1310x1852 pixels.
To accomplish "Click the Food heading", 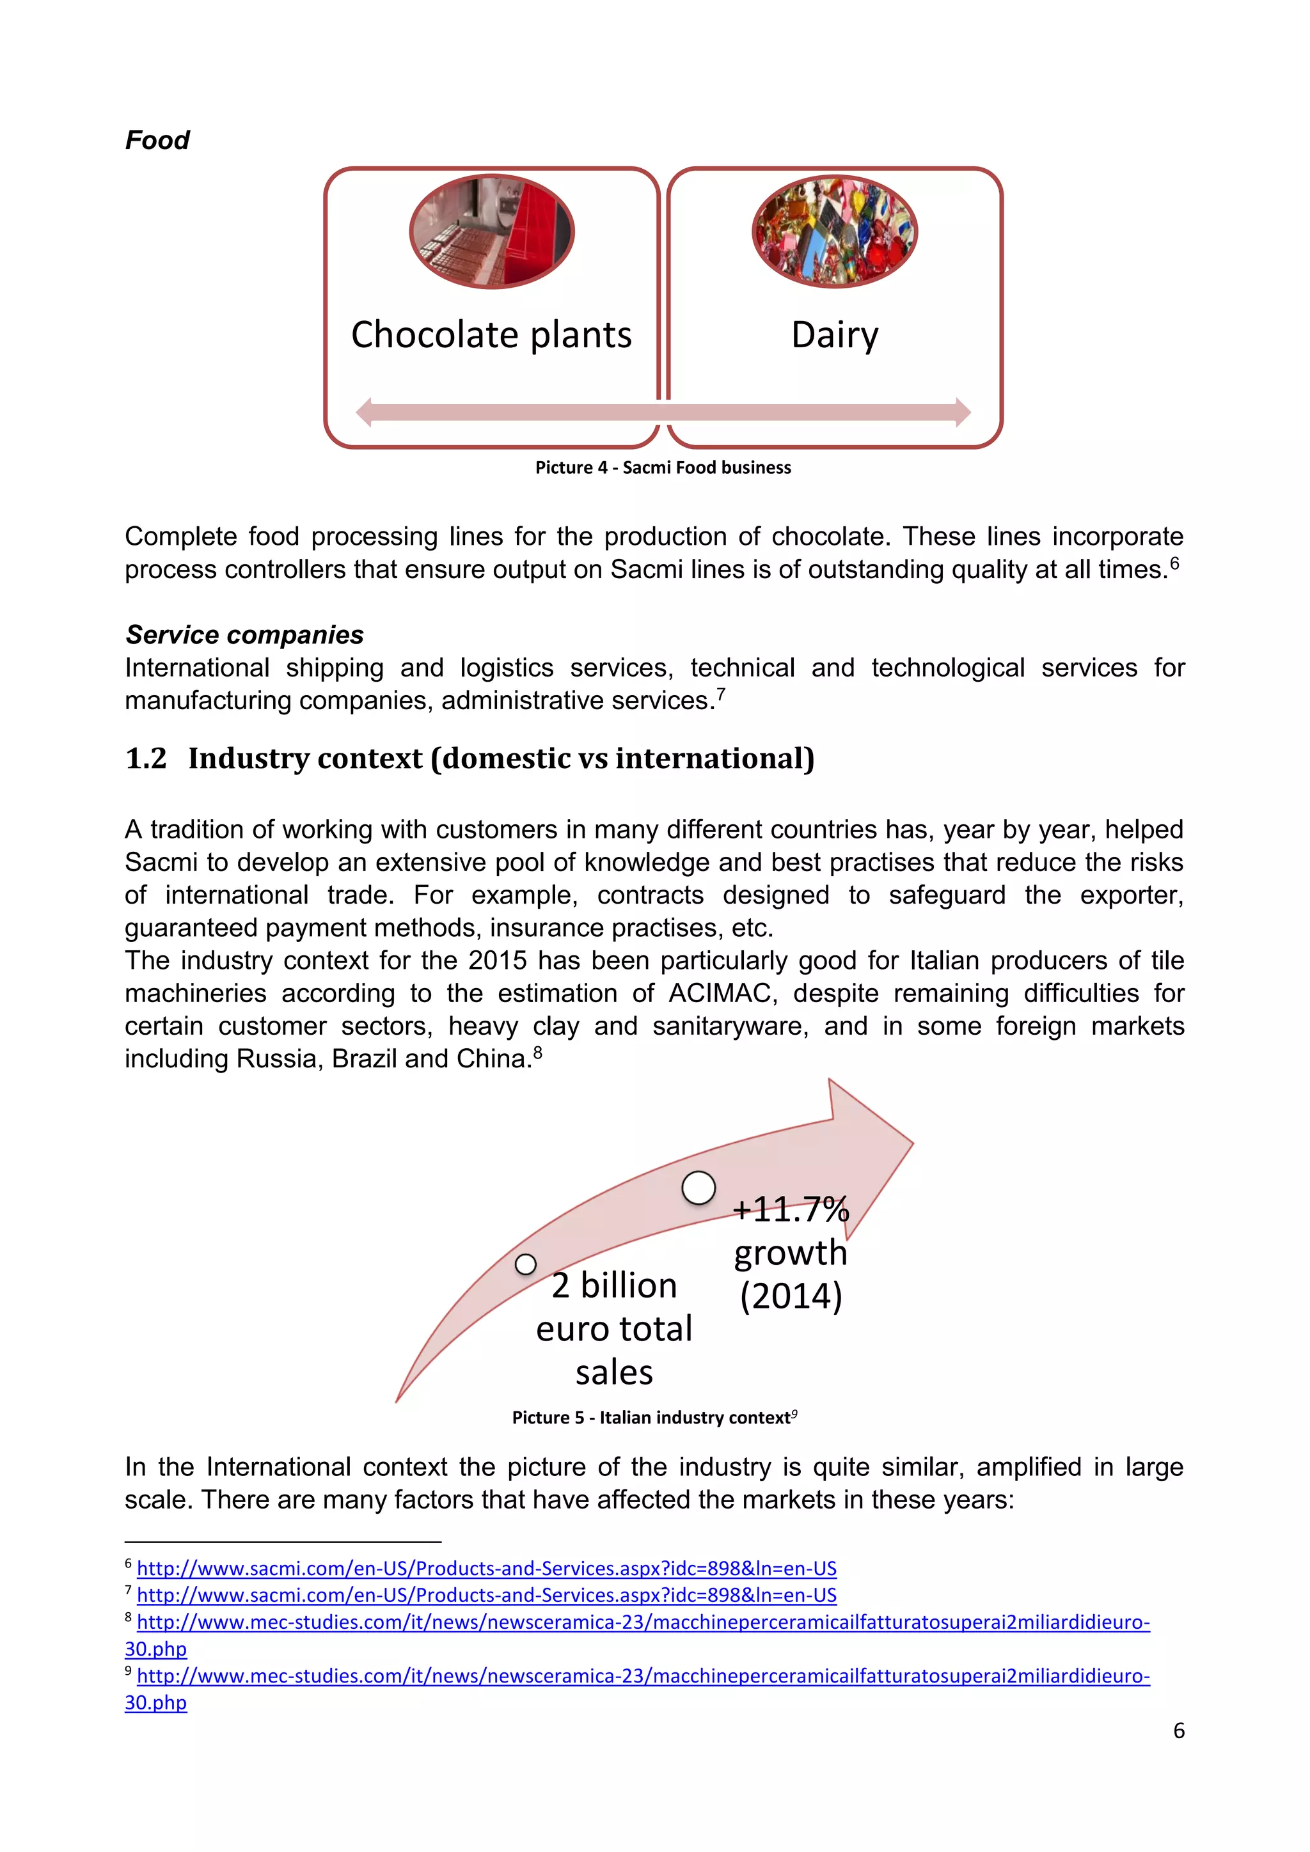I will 157,140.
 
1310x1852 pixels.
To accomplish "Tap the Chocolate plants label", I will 491,334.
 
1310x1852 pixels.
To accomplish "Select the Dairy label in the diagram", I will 834,334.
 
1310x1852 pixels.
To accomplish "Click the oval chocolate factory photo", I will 491,231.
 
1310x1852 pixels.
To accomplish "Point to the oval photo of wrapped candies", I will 834,231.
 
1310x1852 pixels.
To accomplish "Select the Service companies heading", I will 244,635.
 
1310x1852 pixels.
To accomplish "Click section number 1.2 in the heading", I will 146,758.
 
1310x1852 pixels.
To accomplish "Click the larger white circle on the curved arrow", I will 698,1188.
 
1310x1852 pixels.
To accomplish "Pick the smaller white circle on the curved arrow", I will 525,1264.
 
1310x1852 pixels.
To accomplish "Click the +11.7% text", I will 791,1209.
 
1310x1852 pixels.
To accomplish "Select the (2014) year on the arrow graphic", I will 791,1296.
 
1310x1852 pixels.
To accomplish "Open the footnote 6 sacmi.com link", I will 486,1568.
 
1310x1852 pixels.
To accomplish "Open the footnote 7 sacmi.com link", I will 486,1595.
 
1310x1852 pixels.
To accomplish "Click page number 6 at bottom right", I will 1178,1730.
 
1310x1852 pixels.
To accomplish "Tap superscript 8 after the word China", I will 538,1052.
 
